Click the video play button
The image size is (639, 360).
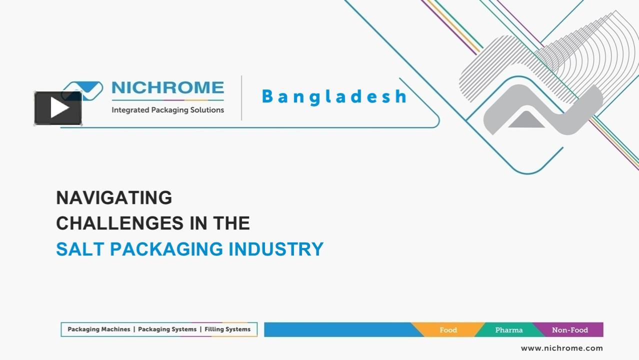pyautogui.click(x=58, y=108)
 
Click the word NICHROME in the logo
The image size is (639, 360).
pyautogui.click(x=167, y=88)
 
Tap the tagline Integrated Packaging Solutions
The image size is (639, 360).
pyautogui.click(x=167, y=110)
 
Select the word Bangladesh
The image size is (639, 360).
pyautogui.click(x=334, y=96)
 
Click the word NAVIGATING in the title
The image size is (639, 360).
pyautogui.click(x=114, y=198)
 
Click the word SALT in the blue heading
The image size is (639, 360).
pyautogui.click(x=80, y=249)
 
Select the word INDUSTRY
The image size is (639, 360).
pyautogui.click(x=276, y=249)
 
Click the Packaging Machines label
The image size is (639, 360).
pyautogui.click(x=99, y=329)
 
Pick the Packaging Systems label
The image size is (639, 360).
pyautogui.click(x=167, y=329)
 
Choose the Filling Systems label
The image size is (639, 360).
pyautogui.click(x=227, y=329)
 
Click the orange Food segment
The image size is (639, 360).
pyautogui.click(x=448, y=330)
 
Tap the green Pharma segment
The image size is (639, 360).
pyautogui.click(x=508, y=330)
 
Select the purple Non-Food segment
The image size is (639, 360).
pyautogui.click(x=570, y=330)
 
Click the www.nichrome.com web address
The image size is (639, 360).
pyautogui.click(x=561, y=348)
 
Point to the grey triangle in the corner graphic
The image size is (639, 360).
pyautogui.click(x=526, y=120)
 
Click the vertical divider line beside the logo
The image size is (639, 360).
pyautogui.click(x=241, y=98)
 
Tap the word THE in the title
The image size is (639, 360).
pyautogui.click(x=231, y=223)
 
